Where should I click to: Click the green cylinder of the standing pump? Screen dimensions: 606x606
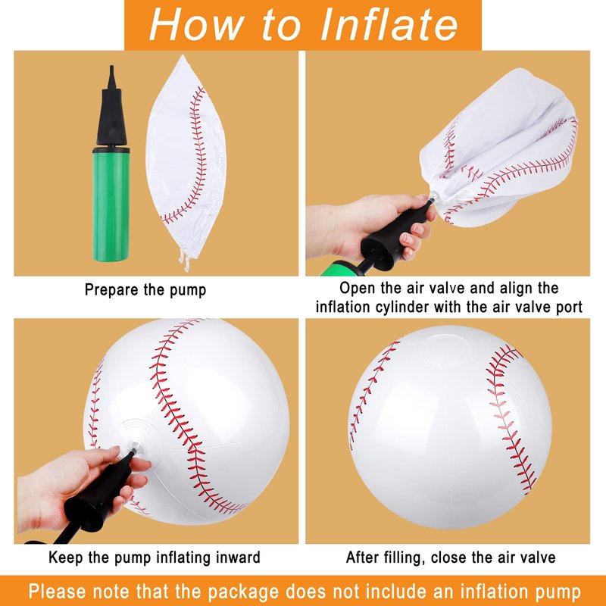click(111, 204)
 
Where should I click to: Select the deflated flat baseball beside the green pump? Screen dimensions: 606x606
click(186, 162)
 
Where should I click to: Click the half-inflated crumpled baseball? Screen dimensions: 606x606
click(499, 147)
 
